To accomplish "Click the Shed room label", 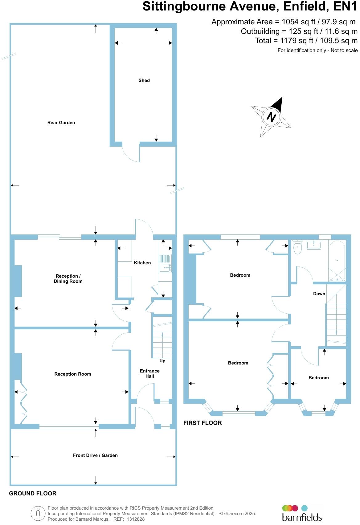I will [x=144, y=80].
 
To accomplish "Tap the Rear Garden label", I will [x=61, y=123].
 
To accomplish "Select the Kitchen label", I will [x=142, y=263].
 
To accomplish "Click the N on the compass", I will [x=271, y=117].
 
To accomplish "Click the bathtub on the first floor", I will [x=337, y=261].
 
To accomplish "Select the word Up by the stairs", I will [x=162, y=361].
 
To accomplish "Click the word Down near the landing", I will [x=319, y=294].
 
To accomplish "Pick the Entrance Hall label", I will [x=150, y=373].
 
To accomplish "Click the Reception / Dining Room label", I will [x=68, y=279].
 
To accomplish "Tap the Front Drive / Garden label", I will [x=95, y=455].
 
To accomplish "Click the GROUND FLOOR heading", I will [x=33, y=493].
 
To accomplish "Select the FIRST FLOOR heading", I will [x=202, y=423].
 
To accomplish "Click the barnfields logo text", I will [x=302, y=517].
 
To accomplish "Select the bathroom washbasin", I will [x=314, y=245].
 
